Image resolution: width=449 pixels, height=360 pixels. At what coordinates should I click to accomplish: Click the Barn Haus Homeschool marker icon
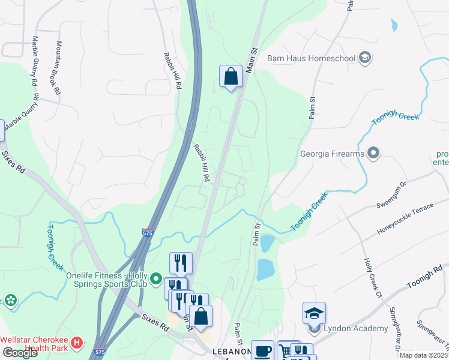click(x=364, y=58)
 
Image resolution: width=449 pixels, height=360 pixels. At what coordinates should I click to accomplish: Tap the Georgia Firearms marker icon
click(x=374, y=154)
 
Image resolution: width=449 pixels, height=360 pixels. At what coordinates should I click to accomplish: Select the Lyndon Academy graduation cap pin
click(x=314, y=314)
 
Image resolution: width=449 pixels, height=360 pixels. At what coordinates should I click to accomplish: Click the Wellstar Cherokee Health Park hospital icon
click(x=77, y=343)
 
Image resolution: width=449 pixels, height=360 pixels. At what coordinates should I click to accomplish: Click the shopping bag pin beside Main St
click(x=231, y=77)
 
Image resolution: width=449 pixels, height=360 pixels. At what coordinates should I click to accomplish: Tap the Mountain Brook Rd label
click(x=59, y=68)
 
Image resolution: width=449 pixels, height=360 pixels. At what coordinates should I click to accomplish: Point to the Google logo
click(x=20, y=353)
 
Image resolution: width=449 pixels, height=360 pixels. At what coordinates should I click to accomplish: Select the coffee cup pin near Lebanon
click(x=262, y=351)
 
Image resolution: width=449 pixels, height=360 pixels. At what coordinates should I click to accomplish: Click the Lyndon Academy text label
click(x=355, y=328)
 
